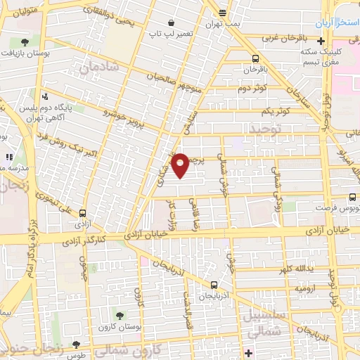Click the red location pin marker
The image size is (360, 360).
pos(181,165)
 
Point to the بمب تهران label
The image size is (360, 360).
pos(222,23)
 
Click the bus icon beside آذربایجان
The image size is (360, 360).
pos(214,284)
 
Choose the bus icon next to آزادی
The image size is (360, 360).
pos(83,213)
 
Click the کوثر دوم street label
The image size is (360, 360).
pos(253,89)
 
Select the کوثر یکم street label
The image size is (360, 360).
pos(275,112)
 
